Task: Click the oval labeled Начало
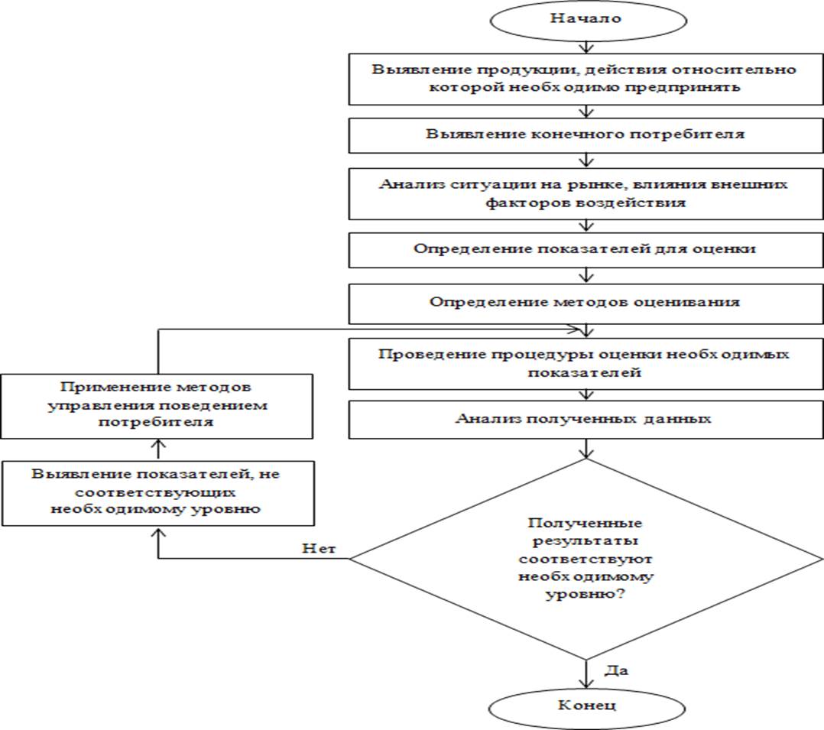(x=586, y=19)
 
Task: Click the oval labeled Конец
(x=586, y=705)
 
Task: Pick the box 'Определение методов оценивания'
(x=586, y=301)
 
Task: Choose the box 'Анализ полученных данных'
(x=586, y=418)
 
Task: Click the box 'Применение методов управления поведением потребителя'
(x=157, y=405)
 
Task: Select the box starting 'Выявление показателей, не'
(x=157, y=492)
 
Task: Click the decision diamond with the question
(x=586, y=559)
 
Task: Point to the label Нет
(x=319, y=548)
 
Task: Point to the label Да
(x=616, y=671)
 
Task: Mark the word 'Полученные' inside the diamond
(x=586, y=524)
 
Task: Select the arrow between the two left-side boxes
(x=157, y=449)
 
